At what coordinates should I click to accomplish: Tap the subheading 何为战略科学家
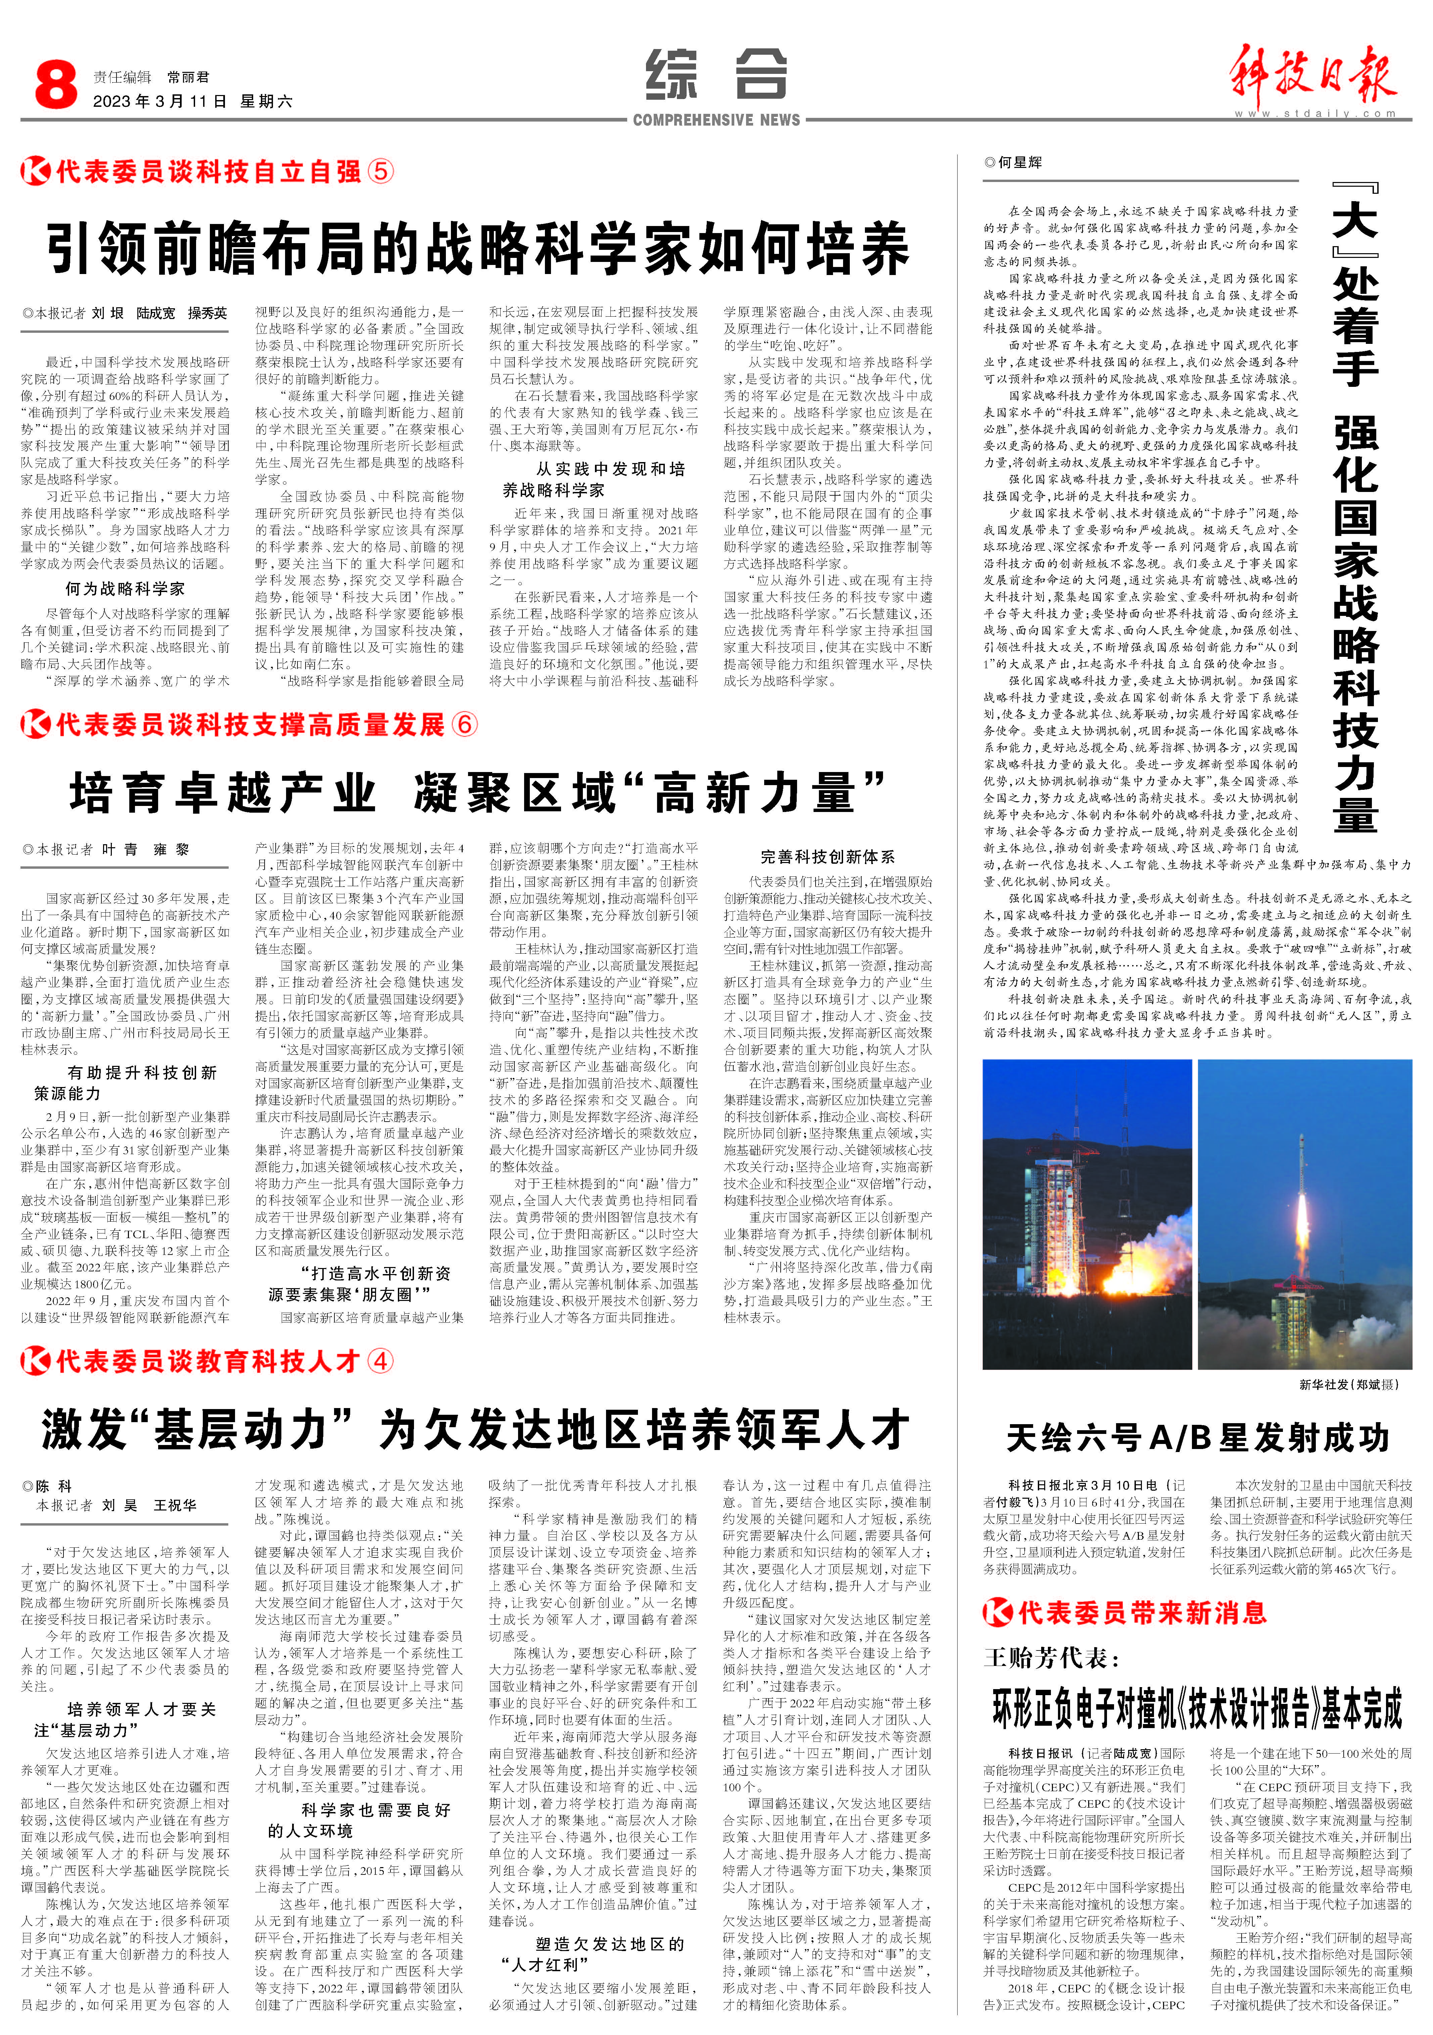click(125, 589)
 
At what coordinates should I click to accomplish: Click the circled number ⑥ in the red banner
click(463, 724)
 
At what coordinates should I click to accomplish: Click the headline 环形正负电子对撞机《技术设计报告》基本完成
click(1197, 1708)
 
